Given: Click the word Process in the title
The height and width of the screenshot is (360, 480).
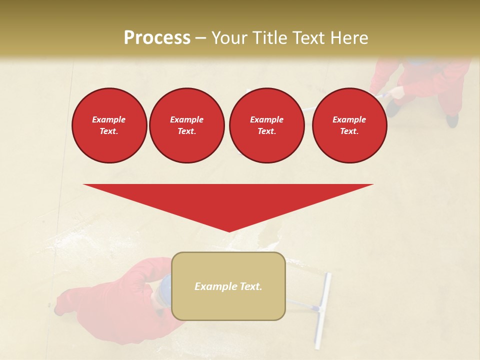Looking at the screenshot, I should click(157, 38).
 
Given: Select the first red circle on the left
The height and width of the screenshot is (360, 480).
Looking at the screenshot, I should click(109, 125).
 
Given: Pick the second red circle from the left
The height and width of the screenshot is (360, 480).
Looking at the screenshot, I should click(186, 125).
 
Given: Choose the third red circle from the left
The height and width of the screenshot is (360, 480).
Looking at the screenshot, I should click(266, 125).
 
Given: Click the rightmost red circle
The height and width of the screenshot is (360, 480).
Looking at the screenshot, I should click(349, 125).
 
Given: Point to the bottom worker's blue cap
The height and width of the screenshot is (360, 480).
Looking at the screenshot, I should click(163, 288).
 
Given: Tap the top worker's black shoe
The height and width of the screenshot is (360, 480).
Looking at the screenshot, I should click(452, 120).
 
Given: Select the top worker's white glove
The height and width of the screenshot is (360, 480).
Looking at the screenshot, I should click(396, 92).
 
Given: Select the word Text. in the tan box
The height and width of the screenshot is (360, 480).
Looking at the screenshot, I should click(250, 286).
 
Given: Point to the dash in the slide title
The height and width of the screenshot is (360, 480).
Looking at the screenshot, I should click(201, 38).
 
